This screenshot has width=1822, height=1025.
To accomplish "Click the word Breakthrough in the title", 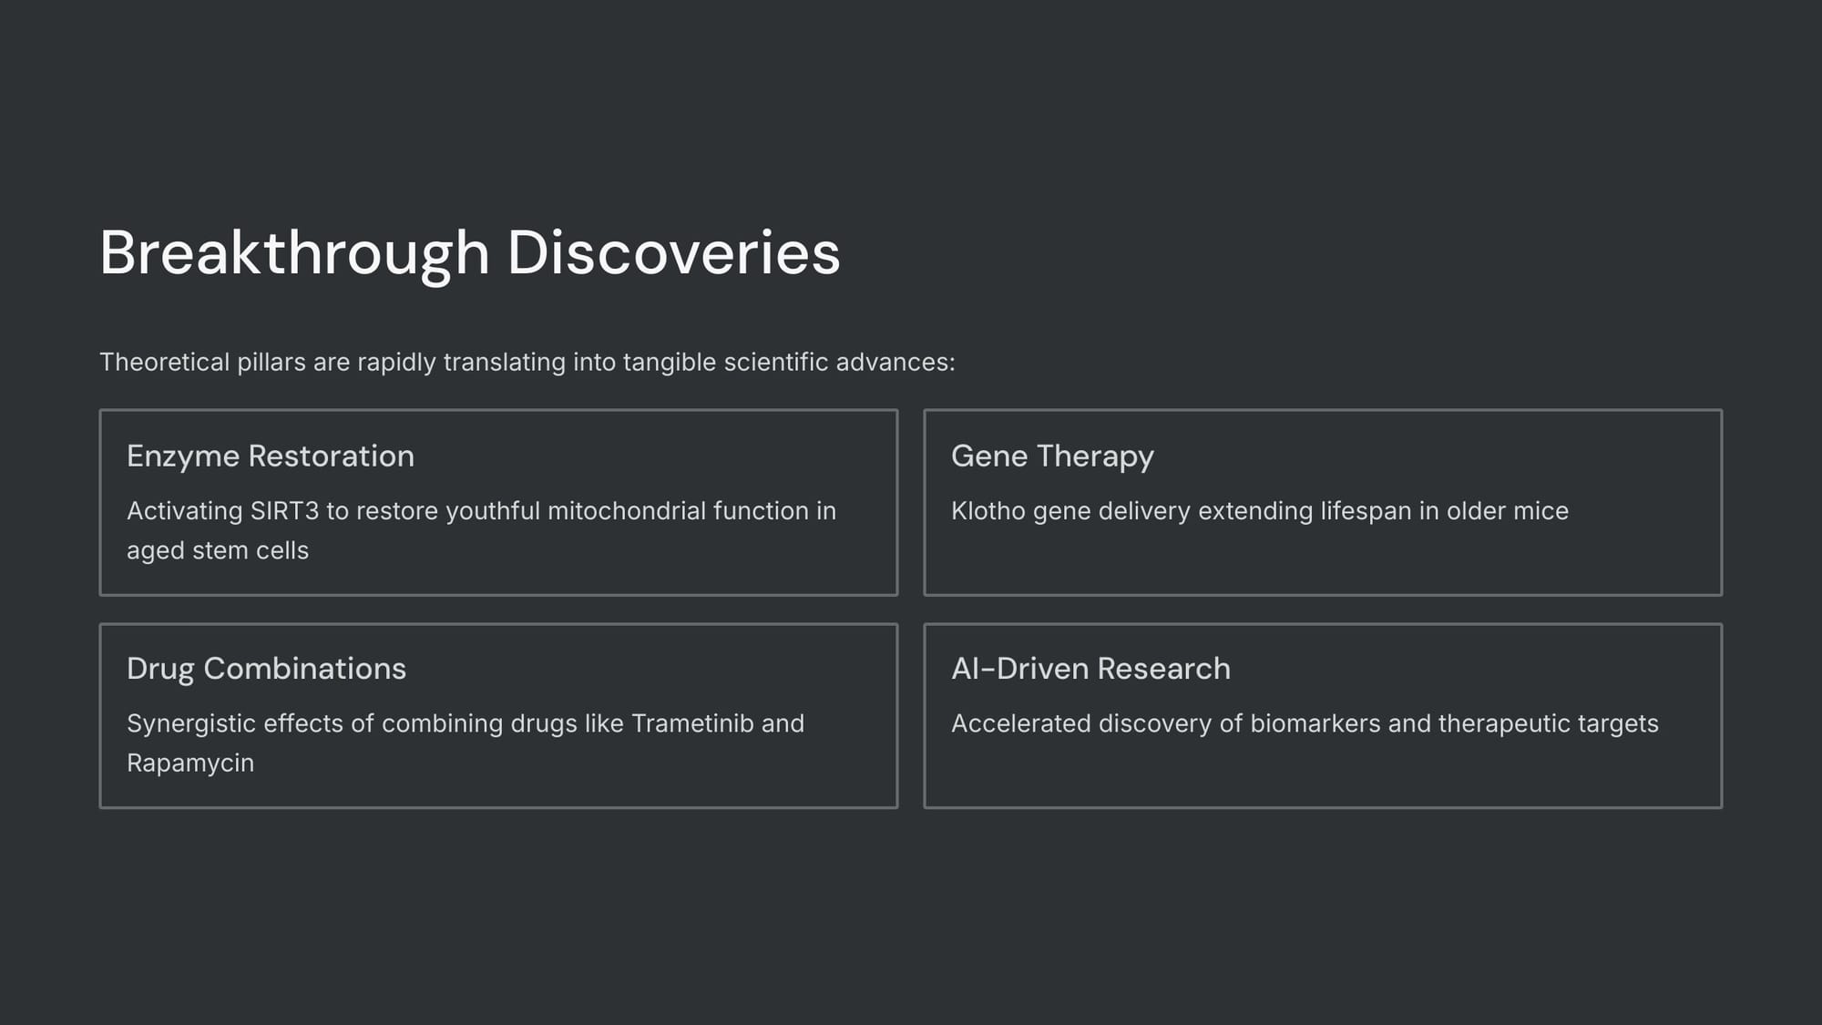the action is point(295,253).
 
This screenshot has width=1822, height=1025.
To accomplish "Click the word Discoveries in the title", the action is point(674,252).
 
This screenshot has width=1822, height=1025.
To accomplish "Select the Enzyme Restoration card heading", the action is point(271,456).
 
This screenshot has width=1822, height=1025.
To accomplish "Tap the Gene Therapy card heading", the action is point(1052,456).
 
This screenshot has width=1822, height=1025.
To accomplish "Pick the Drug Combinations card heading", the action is point(266,669).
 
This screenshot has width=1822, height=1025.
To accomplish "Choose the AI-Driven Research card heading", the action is point(1090,669).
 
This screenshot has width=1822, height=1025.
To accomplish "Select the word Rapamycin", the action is point(190,764).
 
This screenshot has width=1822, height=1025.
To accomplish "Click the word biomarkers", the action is point(1315,723).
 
